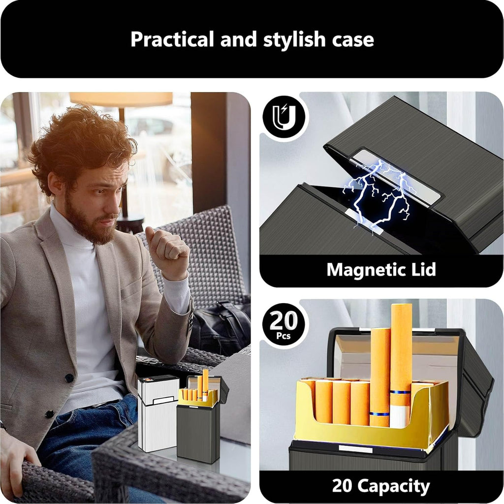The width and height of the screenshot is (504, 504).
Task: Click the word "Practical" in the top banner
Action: [172, 39]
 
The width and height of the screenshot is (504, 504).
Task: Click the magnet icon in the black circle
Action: [284, 117]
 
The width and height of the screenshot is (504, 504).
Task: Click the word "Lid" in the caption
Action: [423, 269]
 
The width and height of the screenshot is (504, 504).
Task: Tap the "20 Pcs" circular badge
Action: [284, 324]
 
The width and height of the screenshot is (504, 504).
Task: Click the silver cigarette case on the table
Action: [158, 413]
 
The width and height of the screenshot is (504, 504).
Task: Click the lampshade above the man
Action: [121, 98]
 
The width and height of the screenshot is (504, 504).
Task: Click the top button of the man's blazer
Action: [69, 378]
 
